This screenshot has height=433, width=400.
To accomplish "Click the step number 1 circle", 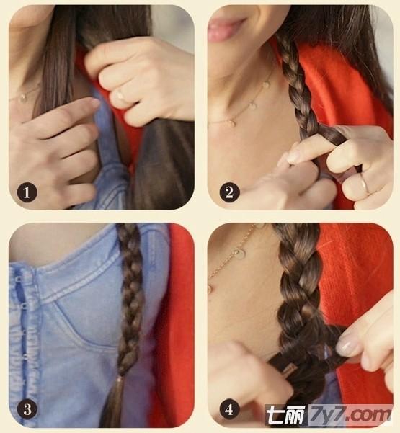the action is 27,192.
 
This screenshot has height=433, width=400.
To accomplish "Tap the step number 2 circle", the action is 229,192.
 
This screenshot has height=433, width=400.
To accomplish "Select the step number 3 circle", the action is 27,409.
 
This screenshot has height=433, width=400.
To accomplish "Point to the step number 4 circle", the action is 229,409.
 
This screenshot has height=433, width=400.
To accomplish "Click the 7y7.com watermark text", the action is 351,414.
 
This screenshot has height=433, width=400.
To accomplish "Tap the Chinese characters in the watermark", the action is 286,414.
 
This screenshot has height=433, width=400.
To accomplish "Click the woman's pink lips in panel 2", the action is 223,28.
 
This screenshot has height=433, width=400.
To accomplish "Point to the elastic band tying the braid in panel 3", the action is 120,379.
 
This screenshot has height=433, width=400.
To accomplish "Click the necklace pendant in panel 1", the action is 24,97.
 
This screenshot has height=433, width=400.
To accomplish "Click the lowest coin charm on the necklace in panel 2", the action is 232,122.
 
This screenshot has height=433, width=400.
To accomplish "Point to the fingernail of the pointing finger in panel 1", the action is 95,103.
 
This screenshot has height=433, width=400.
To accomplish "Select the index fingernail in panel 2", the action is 293,156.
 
